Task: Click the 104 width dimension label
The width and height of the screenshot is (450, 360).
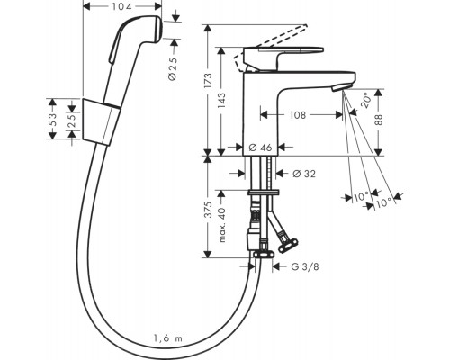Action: (x=122, y=6)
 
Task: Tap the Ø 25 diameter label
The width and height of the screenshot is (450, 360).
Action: (x=173, y=68)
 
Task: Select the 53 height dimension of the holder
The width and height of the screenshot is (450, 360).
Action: (x=52, y=120)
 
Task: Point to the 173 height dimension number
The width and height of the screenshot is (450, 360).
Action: (x=208, y=80)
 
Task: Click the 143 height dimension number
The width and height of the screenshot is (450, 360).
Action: (x=221, y=101)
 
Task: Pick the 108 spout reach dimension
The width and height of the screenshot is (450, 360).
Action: (x=298, y=114)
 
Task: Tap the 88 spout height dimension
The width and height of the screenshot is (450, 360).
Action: (x=379, y=120)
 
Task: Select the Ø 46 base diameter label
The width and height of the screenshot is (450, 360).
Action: (x=260, y=147)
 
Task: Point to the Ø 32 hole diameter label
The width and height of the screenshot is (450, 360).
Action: (x=304, y=174)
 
